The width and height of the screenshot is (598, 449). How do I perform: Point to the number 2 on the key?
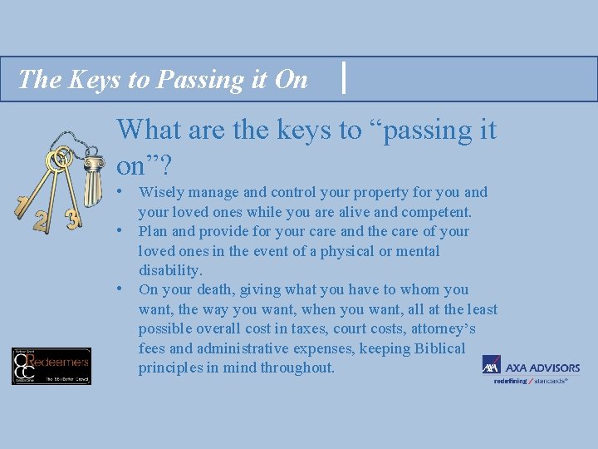pos(41,221)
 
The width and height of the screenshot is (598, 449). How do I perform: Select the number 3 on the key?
pos(72,220)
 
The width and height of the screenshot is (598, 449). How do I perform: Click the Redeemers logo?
pos(51,366)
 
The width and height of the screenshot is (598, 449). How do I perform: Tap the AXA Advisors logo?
pos(531,369)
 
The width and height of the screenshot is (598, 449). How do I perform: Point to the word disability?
pos(169,270)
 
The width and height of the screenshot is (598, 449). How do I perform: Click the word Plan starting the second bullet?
pos(153,231)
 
